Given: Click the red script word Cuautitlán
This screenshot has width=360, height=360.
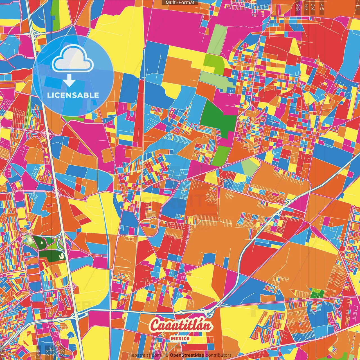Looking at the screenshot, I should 181,326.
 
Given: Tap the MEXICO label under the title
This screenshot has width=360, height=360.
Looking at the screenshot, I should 180,339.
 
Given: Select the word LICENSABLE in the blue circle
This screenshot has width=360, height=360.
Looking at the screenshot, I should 73,95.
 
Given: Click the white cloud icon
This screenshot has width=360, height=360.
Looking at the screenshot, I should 73,59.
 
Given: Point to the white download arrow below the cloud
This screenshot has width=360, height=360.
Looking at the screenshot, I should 69,81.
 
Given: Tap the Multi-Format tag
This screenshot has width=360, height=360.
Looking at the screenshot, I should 180,3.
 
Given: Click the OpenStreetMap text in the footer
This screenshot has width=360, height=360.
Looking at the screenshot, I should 187,355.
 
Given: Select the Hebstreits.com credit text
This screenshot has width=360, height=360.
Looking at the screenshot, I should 145,355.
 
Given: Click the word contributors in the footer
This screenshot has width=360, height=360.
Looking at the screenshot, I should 219,355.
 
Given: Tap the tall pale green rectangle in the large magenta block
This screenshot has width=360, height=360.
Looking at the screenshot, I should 216,39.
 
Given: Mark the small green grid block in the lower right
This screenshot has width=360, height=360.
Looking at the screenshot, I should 317,293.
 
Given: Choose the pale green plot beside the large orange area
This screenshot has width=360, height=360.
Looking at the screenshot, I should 250,166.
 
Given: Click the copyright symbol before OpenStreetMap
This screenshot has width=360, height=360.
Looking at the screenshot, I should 167,355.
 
